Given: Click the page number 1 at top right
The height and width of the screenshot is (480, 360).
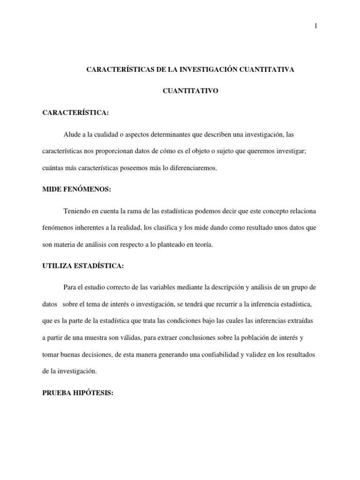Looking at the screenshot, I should tap(316, 26).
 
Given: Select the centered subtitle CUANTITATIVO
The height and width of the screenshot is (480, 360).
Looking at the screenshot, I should tap(190, 91).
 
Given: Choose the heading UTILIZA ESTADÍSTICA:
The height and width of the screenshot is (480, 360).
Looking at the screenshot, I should tap(83, 266).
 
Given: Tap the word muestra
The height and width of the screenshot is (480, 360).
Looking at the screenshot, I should tap(96, 337).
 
